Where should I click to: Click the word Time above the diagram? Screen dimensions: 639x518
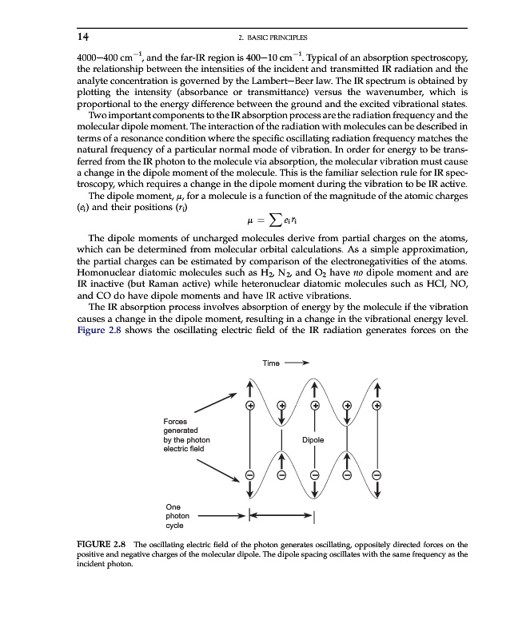[x=271, y=363]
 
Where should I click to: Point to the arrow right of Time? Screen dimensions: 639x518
[x=297, y=363]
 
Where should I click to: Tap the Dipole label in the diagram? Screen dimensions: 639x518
[x=313, y=439]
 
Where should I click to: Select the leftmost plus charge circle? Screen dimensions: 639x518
[x=250, y=405]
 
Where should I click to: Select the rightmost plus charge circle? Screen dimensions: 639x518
[x=377, y=405]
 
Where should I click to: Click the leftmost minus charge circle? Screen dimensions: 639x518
[x=250, y=475]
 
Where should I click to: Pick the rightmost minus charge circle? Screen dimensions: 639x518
[x=377, y=475]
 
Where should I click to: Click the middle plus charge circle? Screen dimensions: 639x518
[x=314, y=405]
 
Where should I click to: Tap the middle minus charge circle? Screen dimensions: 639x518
[x=314, y=475]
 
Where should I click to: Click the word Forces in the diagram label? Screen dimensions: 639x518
[x=176, y=421]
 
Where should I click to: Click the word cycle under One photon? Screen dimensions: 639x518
[x=175, y=526]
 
